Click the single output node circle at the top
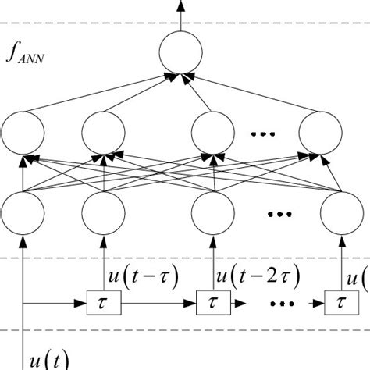(x=180, y=55)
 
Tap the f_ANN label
(x=27, y=55)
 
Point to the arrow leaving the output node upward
(x=180, y=16)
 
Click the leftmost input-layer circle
(x=24, y=213)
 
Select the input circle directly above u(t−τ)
(x=102, y=213)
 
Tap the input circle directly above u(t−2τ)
(x=212, y=213)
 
